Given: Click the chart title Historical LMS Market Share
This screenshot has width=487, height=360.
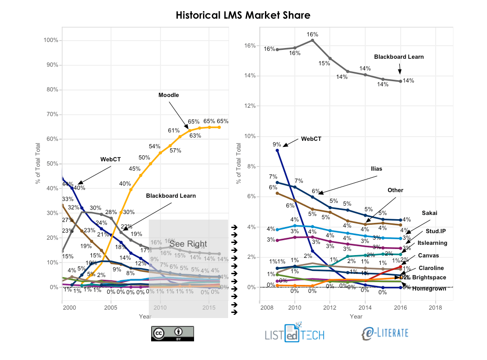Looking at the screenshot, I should coord(243,15).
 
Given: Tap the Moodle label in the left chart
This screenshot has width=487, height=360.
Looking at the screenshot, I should coord(168,95).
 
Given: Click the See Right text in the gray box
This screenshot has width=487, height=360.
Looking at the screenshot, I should coord(188,244).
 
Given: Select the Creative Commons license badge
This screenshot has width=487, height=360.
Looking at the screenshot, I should coord(172,333).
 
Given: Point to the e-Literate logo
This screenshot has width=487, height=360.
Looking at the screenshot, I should coord(385,332).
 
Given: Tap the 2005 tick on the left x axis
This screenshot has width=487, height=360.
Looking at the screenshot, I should coord(111,308).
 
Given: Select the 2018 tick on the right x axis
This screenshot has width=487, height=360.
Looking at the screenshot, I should coord(435,308).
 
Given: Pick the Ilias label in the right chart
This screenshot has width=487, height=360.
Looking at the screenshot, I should coord(376,169).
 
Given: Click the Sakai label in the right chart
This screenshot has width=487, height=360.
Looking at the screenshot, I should coord(430,213).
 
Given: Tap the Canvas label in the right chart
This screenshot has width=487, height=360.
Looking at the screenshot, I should coord(428,256).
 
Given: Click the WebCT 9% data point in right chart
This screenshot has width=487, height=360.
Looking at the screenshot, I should coord(278,150).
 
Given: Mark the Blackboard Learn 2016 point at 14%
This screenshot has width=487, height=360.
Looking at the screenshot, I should coord(400,81).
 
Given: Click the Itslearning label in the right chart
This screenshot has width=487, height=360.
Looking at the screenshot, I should coord(432,243).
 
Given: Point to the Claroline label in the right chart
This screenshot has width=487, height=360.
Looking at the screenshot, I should coord(431,268).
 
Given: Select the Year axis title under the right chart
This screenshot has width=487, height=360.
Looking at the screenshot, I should coord(356,317).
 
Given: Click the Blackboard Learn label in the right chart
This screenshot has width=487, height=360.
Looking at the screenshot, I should coord(399,57).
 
